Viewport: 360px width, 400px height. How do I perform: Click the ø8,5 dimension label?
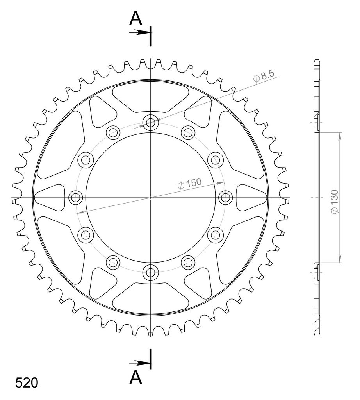(264, 76)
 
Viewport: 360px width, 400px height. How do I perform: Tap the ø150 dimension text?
(190, 184)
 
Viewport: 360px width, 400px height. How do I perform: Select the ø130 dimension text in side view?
(334, 202)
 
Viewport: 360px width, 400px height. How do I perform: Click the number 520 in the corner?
(27, 383)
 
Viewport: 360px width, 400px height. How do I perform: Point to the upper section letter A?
(135, 18)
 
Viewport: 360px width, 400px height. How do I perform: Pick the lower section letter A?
(135, 378)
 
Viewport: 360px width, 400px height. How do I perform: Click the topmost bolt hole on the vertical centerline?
(151, 122)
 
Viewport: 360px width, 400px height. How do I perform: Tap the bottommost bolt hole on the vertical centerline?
(151, 272)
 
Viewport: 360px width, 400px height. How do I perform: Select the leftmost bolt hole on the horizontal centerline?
(76, 197)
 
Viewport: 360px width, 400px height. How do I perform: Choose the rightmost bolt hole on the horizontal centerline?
(226, 197)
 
